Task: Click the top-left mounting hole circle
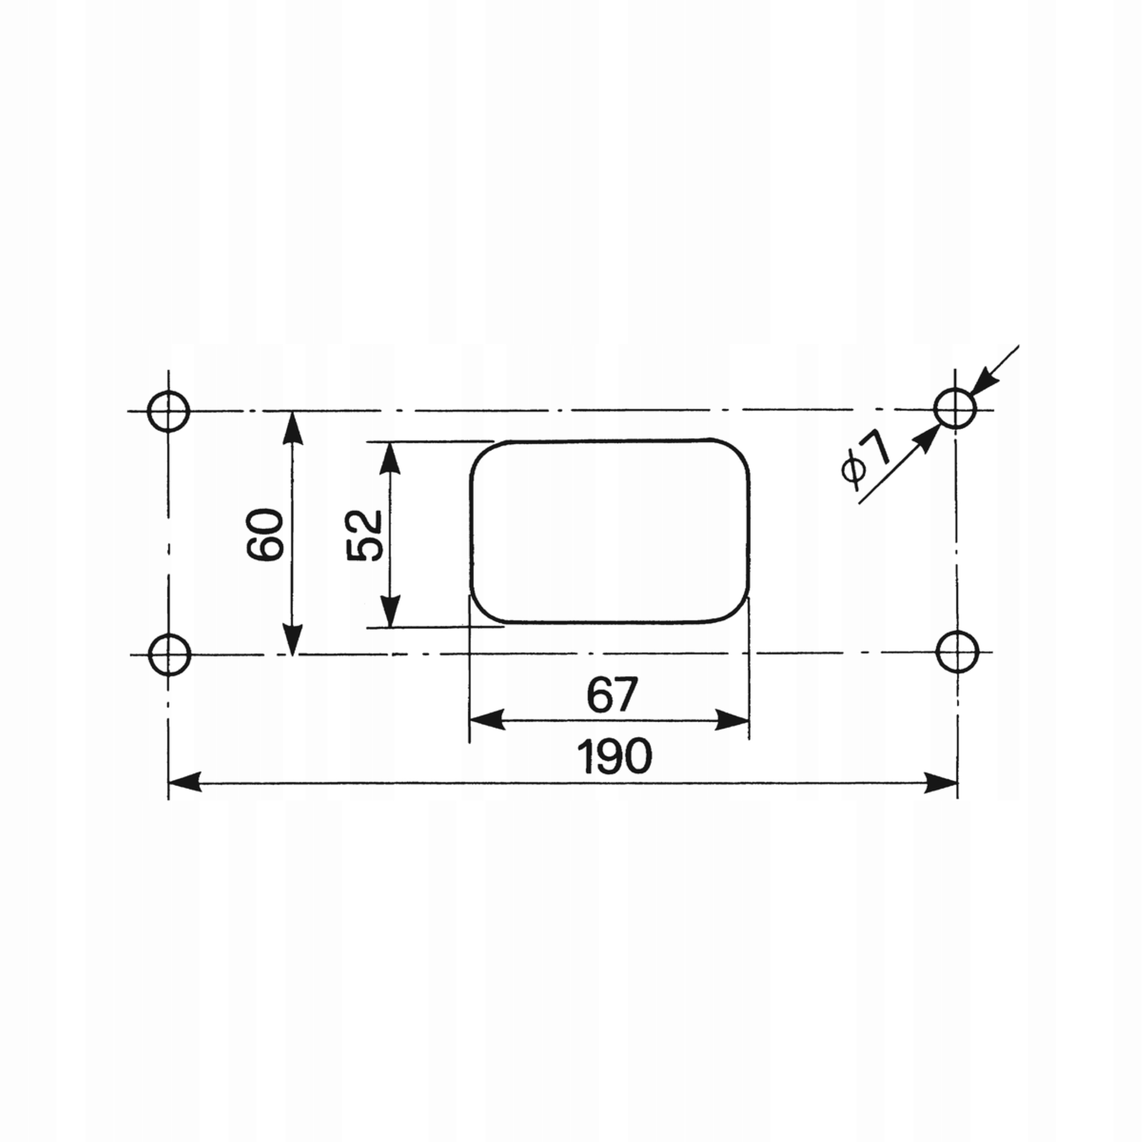coord(169,411)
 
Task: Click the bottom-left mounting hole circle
coord(170,654)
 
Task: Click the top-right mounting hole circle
coord(955,408)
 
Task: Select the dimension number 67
coord(612,695)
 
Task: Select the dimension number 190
coord(615,757)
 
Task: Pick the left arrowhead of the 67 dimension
coord(486,720)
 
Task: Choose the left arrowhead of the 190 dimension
coord(184,783)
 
